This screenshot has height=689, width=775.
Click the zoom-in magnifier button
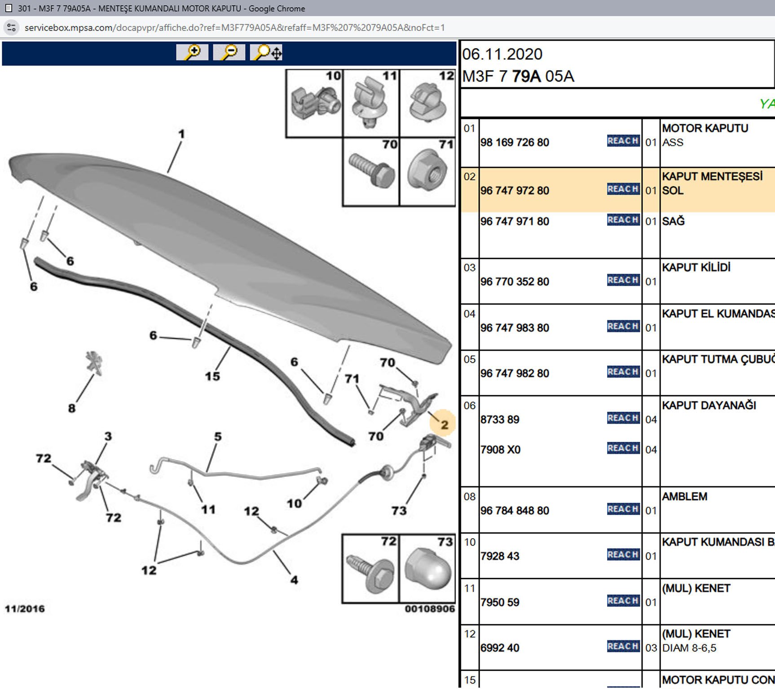coord(192,52)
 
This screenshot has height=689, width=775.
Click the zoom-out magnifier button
coord(229,52)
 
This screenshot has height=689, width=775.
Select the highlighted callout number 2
coord(444,424)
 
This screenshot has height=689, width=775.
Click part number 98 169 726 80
coord(515,143)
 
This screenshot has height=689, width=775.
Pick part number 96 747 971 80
coord(515,222)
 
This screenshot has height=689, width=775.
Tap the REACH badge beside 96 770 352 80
coord(623,280)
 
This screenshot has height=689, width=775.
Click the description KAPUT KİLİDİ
coord(696,267)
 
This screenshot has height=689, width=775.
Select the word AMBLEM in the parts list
coord(684,497)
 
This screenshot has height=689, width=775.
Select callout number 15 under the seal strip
coord(212,376)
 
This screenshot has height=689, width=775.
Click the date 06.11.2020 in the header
coord(502,54)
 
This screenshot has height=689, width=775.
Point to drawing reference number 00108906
coord(430,609)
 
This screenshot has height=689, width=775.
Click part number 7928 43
coord(500,556)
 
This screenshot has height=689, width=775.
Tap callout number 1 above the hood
coord(181,134)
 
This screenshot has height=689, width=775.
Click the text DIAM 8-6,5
coord(689,648)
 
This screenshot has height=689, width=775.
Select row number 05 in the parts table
coord(469,360)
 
